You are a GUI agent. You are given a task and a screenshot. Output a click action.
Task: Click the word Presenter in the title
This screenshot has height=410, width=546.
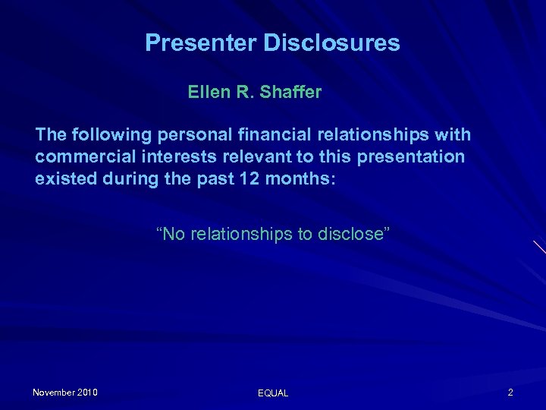coord(200,43)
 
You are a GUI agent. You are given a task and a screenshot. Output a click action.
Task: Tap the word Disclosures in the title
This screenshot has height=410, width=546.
coord(331,43)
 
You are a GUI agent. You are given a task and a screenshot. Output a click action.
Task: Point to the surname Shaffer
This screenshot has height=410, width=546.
coord(290,93)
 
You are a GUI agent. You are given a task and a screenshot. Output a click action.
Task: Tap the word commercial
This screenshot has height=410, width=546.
coord(81,157)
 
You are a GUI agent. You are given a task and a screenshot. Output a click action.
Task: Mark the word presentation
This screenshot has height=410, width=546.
coord(416,157)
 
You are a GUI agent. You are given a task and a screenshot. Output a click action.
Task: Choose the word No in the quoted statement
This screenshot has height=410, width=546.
coord(172,234)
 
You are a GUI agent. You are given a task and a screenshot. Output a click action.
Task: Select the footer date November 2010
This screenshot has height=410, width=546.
coord(65,393)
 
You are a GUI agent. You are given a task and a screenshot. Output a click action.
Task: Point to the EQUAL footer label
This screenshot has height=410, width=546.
coord(273,393)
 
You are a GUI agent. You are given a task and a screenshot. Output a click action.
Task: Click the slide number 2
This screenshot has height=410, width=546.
coord(510,393)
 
